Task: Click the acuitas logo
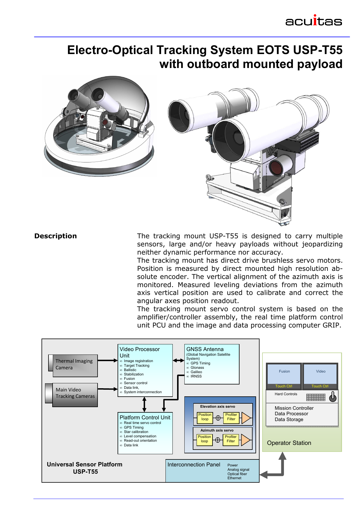click(314, 21)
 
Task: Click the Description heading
click(55, 236)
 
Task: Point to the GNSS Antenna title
click(205, 349)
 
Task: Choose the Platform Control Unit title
click(145, 417)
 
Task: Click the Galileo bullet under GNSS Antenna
click(196, 372)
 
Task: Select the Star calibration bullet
click(136, 432)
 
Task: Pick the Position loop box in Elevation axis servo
click(205, 417)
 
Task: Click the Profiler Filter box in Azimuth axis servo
click(231, 439)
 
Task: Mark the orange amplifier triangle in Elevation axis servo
click(246, 418)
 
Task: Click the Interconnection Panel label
click(194, 465)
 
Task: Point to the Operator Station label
click(289, 443)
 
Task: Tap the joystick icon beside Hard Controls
click(333, 397)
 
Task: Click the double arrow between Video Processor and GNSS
click(179, 361)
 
